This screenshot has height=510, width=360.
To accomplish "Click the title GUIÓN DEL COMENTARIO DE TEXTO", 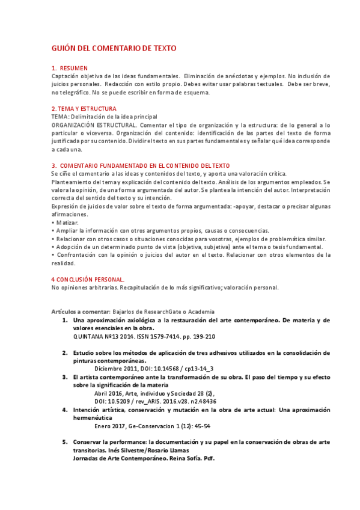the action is point(114,48).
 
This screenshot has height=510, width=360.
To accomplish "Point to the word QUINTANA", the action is point(90,337).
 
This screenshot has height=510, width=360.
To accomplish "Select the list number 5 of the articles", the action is point(65,441).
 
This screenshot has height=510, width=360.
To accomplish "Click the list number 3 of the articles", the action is point(65,376).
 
